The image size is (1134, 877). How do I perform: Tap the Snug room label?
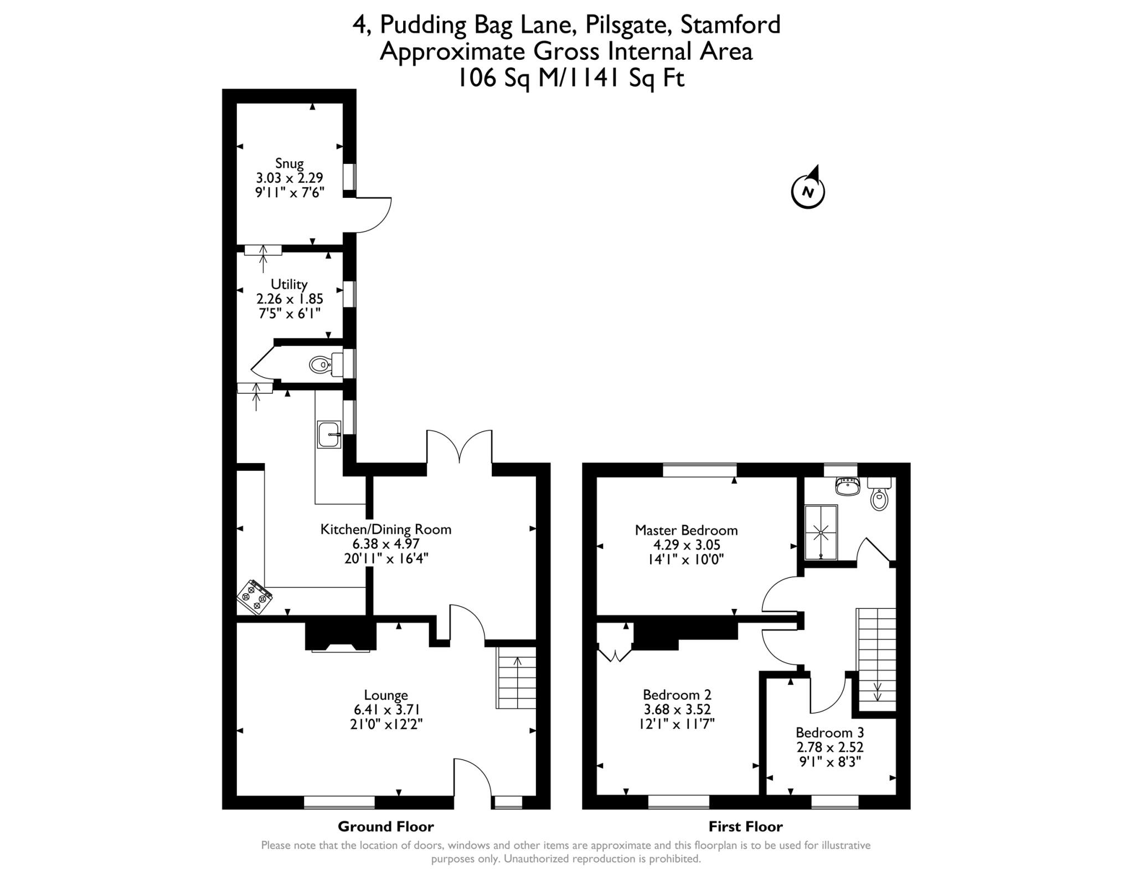click(289, 163)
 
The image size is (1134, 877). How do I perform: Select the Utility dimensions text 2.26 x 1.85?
click(289, 299)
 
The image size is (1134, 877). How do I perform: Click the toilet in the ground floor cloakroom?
click(320, 365)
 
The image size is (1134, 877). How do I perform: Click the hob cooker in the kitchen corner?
click(255, 597)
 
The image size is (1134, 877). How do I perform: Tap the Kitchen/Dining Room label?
click(386, 530)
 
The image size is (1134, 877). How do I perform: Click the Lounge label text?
click(386, 695)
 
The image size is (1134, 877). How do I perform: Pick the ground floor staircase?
click(517, 678)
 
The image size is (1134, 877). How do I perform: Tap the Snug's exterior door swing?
click(373, 215)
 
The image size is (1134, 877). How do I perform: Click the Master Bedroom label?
click(686, 530)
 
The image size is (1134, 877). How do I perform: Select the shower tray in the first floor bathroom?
click(821, 532)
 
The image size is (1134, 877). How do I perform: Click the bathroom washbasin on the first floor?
click(847, 486)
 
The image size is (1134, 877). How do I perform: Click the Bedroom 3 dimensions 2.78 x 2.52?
click(829, 747)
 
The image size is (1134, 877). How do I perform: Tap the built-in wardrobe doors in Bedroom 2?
click(615, 652)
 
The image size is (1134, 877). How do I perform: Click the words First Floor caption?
click(745, 827)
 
